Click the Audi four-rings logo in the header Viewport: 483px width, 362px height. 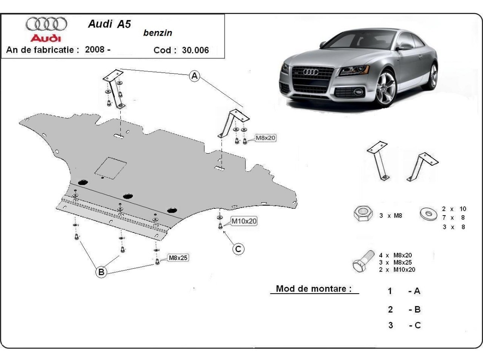coord(46,24)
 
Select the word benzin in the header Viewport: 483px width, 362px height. coord(157,33)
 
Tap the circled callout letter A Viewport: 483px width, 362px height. coord(195,76)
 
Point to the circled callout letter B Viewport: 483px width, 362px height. coord(101,272)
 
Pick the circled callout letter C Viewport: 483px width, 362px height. coord(238,249)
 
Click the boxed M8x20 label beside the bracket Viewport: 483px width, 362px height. coord(266,138)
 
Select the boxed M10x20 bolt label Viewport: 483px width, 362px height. coord(244,221)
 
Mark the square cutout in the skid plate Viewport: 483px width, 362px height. coord(110,167)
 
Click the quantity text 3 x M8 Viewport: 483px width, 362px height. coord(390,216)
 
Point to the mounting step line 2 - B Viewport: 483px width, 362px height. coord(404,309)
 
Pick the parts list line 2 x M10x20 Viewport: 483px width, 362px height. coord(397,269)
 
